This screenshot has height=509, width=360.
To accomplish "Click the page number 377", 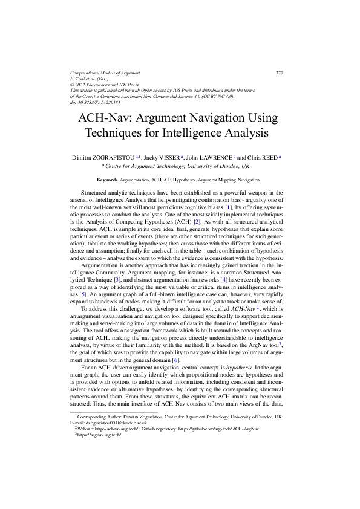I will coord(280,73).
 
